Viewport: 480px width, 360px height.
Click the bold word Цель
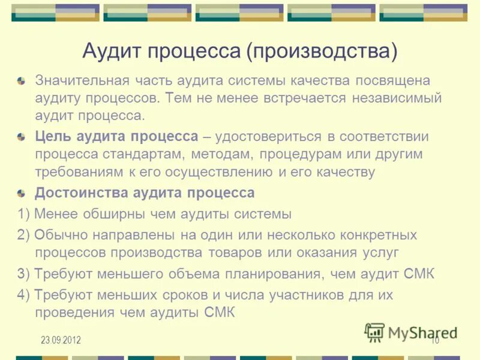(x=52, y=136)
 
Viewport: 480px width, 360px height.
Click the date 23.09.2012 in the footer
(x=61, y=341)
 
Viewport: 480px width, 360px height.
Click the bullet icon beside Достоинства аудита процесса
(x=22, y=193)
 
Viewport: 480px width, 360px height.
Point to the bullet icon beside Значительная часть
(x=22, y=80)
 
